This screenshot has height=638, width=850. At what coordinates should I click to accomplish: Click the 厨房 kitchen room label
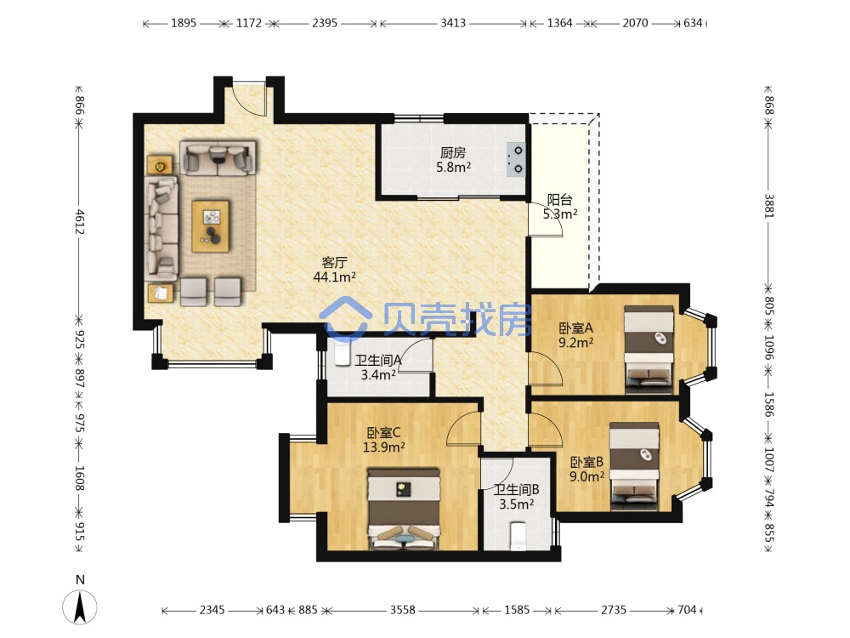click(453, 152)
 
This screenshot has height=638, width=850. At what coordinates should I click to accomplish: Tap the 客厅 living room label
click(334, 263)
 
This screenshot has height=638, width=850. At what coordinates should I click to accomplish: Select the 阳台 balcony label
click(559, 200)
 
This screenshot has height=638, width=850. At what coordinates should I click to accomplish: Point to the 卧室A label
click(575, 328)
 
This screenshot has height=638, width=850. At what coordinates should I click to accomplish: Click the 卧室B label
click(586, 462)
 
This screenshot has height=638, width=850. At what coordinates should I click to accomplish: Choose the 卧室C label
click(384, 433)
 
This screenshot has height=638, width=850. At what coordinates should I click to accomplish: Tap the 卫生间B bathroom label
click(516, 490)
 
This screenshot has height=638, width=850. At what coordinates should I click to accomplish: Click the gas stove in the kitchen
click(516, 160)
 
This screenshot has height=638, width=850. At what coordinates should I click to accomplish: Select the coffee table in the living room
click(210, 226)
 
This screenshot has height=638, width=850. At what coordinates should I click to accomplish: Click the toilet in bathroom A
click(343, 353)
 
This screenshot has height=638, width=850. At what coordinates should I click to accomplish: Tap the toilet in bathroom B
click(518, 536)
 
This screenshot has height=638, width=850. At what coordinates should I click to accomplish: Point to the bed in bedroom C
click(403, 509)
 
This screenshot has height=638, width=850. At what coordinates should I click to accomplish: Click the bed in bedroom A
click(649, 349)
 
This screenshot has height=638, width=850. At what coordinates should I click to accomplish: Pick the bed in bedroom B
click(634, 466)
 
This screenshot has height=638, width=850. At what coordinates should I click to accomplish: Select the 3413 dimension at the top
click(453, 23)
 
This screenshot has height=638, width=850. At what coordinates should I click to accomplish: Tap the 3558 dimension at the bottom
click(403, 610)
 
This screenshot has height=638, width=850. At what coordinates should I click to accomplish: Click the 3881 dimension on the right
click(769, 206)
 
